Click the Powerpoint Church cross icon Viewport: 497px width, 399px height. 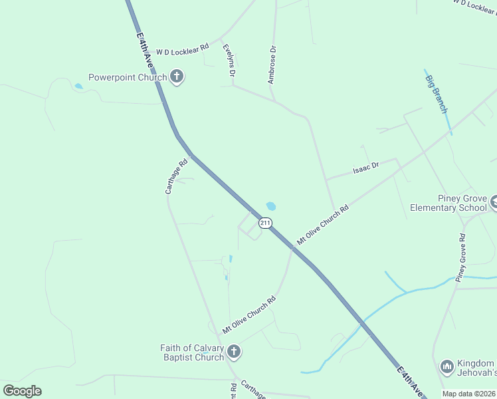[177, 77]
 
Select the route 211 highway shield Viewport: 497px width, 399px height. [266, 223]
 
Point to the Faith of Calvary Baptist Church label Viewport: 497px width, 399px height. [192, 352]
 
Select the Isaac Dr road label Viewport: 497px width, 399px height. [365, 166]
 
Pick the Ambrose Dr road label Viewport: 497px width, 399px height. [271, 65]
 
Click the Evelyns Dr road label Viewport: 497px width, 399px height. [229, 61]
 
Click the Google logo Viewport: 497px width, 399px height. [22, 391]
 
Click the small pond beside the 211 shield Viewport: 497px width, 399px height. [270, 206]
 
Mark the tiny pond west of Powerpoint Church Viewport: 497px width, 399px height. [79, 86]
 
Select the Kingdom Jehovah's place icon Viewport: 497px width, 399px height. [447, 366]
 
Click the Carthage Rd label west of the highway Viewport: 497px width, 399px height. [177, 176]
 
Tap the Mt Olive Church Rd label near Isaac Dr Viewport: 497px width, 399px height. [323, 225]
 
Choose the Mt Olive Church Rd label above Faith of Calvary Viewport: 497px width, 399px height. [249, 315]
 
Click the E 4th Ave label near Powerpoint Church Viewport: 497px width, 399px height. [144, 50]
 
